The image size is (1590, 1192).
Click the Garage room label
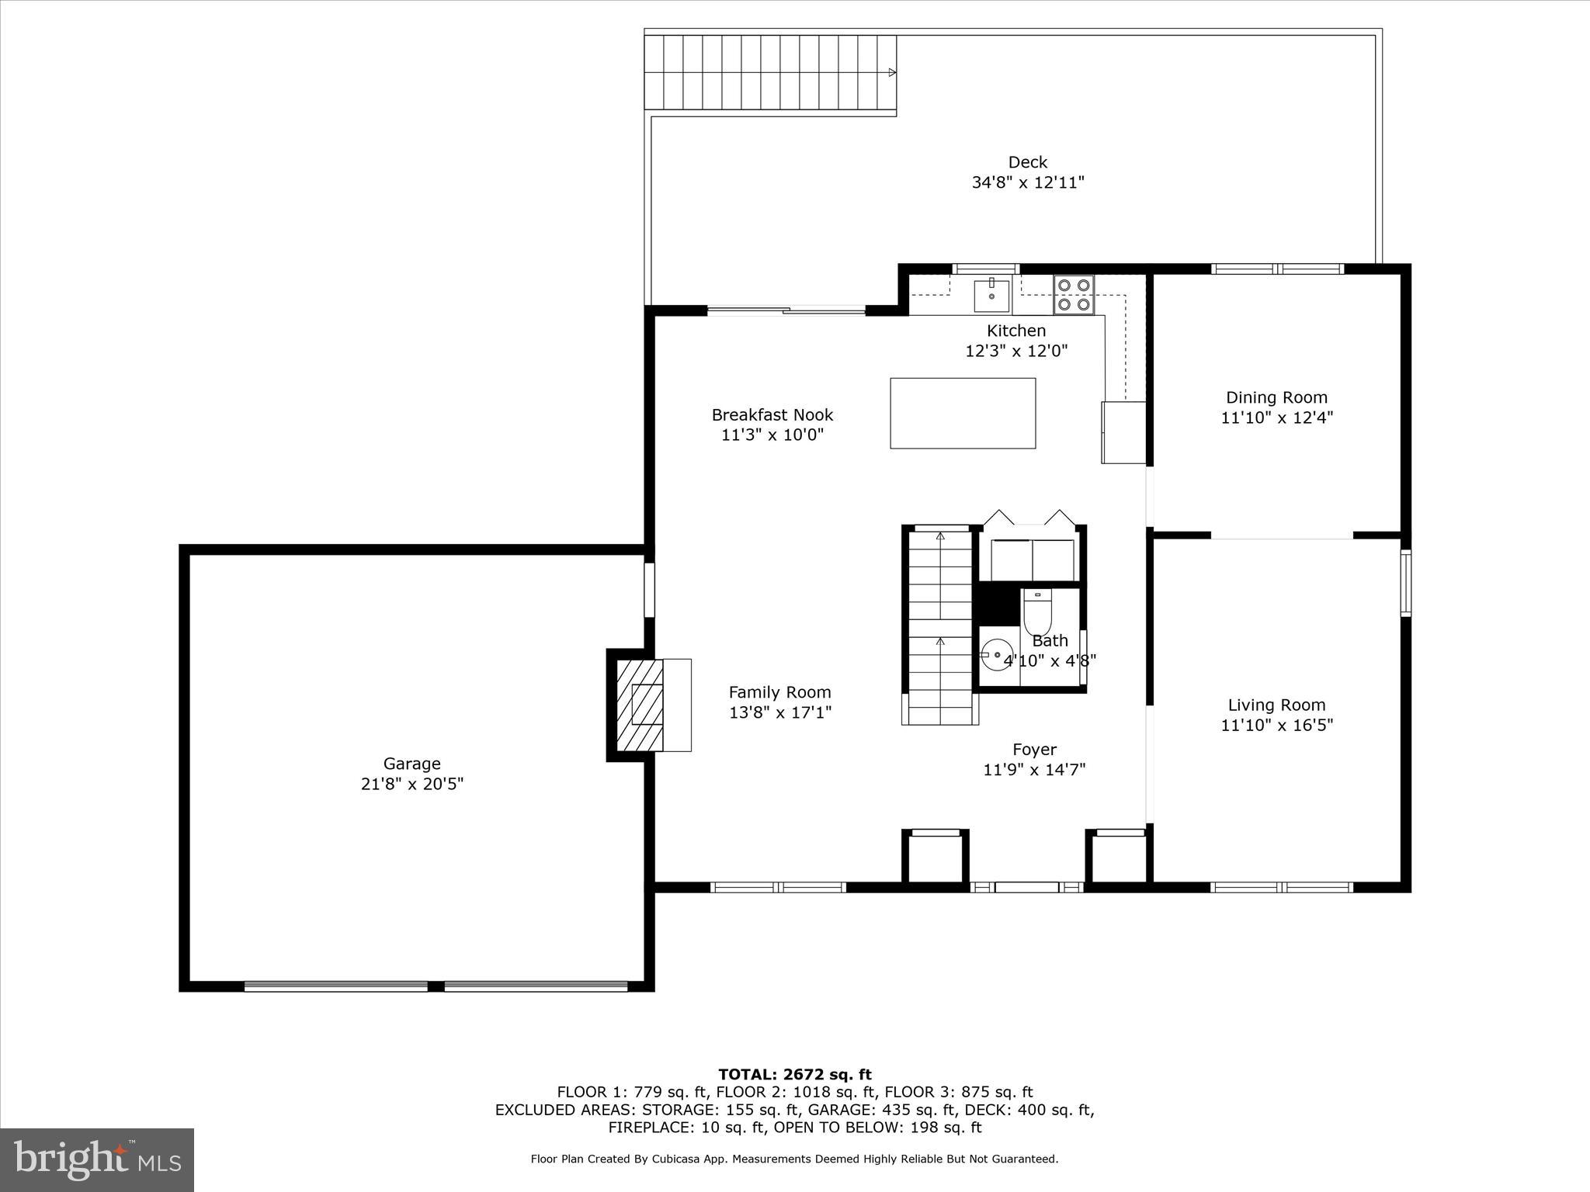(411, 764)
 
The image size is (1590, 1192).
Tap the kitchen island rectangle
(962, 413)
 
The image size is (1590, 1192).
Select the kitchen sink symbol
(991, 296)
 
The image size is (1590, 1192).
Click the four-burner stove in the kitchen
(1074, 295)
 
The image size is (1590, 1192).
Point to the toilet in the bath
(1037, 612)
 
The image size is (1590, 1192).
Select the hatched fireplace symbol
(640, 705)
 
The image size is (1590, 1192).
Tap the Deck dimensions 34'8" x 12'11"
(1027, 182)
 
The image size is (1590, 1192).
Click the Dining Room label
(1276, 397)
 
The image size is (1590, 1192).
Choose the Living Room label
(1276, 705)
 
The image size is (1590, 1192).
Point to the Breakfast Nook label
(772, 414)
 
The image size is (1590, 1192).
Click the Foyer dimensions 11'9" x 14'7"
(1033, 769)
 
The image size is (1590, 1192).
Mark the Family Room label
(779, 691)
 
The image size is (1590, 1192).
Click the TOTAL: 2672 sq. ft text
(794, 1074)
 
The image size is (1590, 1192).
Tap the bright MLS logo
(97, 1159)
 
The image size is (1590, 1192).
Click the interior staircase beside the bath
(939, 625)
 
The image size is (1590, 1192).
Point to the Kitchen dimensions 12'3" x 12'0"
(1015, 351)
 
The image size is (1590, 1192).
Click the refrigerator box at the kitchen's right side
(1123, 432)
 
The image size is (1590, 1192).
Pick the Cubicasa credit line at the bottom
(794, 1159)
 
